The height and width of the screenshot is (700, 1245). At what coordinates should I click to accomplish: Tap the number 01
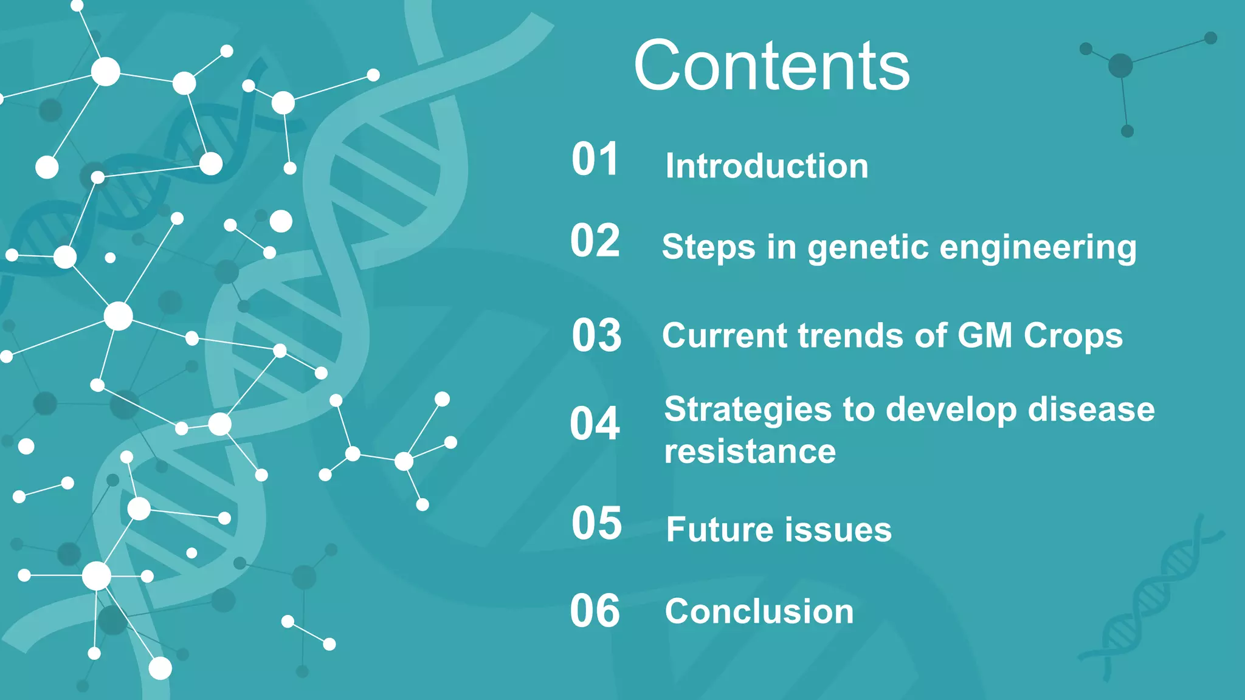595,160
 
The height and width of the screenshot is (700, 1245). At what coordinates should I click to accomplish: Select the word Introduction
767,166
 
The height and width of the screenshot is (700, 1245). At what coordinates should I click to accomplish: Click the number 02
595,241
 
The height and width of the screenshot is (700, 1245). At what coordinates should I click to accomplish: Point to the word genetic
868,249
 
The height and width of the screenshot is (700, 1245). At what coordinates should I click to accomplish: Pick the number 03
596,335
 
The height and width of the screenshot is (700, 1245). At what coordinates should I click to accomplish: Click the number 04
595,424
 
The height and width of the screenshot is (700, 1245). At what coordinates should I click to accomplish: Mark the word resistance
750,452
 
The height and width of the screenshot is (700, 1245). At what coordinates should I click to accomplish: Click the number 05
596,523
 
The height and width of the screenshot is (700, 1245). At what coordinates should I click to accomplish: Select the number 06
595,611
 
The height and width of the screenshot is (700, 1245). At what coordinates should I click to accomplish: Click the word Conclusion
759,611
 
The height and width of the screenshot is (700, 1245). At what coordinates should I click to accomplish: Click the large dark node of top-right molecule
1120,66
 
